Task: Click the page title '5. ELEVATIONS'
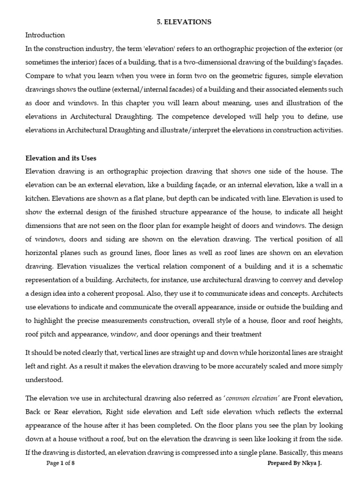click(183, 22)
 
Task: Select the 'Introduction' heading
click(45, 35)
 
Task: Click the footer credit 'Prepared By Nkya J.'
click(295, 463)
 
